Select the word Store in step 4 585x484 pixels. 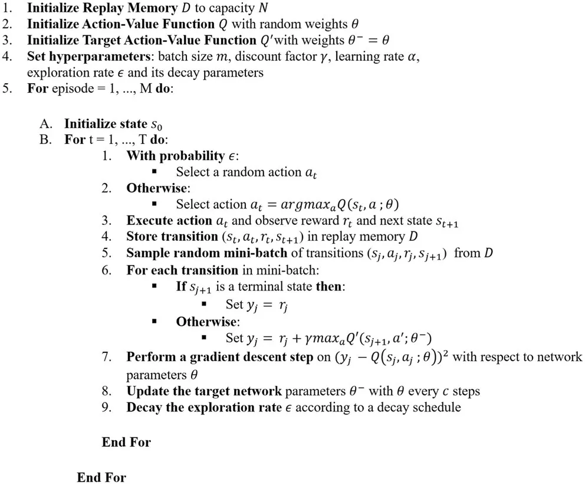coord(141,237)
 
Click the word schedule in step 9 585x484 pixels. coord(436,407)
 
